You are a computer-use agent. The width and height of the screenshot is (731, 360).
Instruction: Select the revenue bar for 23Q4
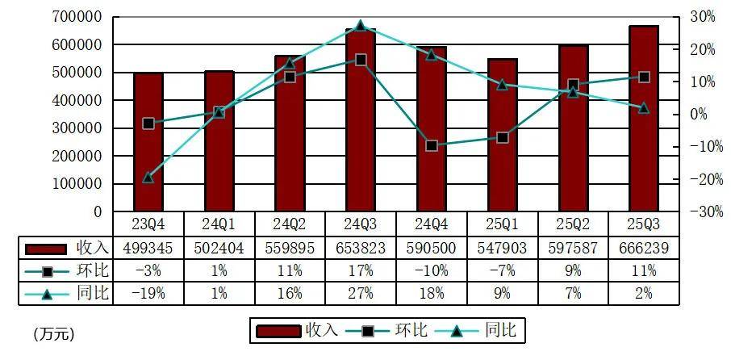click(x=148, y=145)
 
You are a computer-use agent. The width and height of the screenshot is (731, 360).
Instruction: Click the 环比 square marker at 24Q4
click(x=432, y=146)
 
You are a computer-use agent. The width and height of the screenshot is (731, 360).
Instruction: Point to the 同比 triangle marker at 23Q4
click(x=148, y=177)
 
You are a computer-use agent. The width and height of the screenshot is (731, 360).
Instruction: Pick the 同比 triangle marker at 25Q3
click(x=644, y=107)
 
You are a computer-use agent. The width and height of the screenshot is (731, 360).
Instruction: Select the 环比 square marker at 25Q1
click(x=503, y=138)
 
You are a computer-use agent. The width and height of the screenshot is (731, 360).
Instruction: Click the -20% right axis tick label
click(x=699, y=179)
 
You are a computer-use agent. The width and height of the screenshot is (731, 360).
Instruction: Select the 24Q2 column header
click(x=290, y=223)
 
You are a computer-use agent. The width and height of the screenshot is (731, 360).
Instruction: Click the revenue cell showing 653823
click(x=361, y=247)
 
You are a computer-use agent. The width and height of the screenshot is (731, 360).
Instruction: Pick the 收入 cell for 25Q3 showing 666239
click(x=644, y=247)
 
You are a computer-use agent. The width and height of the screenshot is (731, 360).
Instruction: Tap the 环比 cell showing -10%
click(x=432, y=270)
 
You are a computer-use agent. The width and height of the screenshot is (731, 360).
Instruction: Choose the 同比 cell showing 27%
click(x=361, y=292)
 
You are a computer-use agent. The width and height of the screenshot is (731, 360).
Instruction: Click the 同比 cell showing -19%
click(x=148, y=292)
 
